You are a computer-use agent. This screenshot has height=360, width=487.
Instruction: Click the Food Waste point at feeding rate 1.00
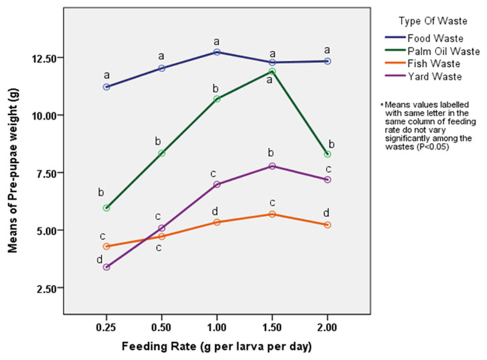217,52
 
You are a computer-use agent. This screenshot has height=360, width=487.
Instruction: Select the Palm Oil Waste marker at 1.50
273,71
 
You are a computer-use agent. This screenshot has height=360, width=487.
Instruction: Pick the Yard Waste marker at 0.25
106,267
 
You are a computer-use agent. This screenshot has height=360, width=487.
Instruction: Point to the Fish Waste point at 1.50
273,214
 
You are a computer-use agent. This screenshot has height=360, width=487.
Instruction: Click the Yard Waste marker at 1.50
273,166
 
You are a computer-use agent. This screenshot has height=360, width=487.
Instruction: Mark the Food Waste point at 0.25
106,87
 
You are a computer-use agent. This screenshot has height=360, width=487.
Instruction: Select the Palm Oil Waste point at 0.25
106,208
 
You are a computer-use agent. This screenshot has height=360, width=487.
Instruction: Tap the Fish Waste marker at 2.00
327,225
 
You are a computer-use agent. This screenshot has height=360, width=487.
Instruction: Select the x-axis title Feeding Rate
217,348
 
